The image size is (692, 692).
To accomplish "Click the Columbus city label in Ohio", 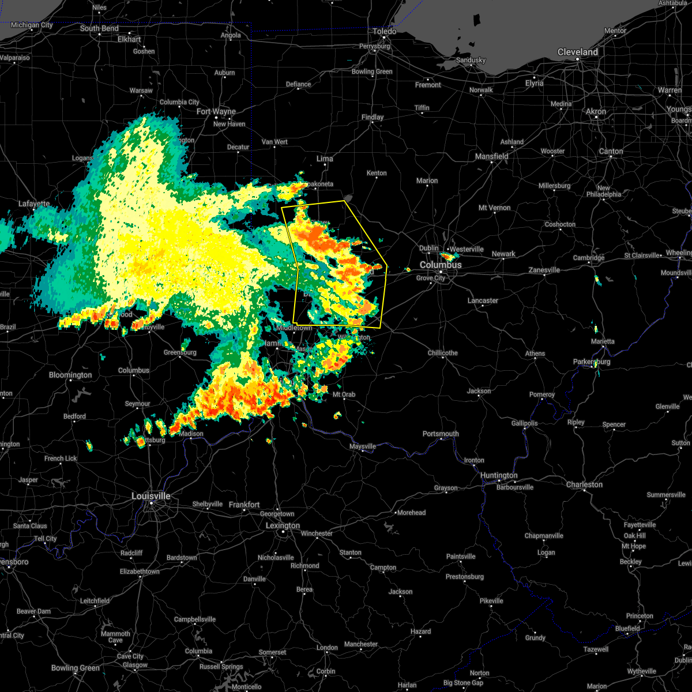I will (x=441, y=265).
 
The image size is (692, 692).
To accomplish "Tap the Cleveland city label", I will (x=577, y=52).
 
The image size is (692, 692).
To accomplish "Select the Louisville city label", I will (x=151, y=496).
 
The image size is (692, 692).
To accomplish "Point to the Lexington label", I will (x=283, y=525).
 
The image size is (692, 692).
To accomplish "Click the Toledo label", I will (x=385, y=31).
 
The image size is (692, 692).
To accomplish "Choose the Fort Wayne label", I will (x=216, y=111).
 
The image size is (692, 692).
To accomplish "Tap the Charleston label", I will (x=584, y=484).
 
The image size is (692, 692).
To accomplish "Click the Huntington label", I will (x=499, y=476).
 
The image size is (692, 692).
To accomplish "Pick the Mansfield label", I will (x=491, y=156).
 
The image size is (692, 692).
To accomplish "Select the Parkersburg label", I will (x=591, y=362).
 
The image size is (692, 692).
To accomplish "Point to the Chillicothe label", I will (x=443, y=353).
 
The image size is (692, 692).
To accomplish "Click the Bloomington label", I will (x=70, y=375).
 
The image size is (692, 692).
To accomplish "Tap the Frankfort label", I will (x=244, y=505).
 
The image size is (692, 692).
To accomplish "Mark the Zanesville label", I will (x=544, y=270).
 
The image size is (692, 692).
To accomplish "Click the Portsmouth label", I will (x=441, y=434).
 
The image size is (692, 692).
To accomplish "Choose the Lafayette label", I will (x=34, y=204).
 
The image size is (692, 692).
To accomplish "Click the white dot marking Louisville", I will (x=152, y=503).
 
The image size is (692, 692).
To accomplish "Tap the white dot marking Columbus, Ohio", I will (x=441, y=272).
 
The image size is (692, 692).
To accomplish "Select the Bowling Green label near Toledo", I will (x=372, y=72).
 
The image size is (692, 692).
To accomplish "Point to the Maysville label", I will (x=363, y=446).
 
